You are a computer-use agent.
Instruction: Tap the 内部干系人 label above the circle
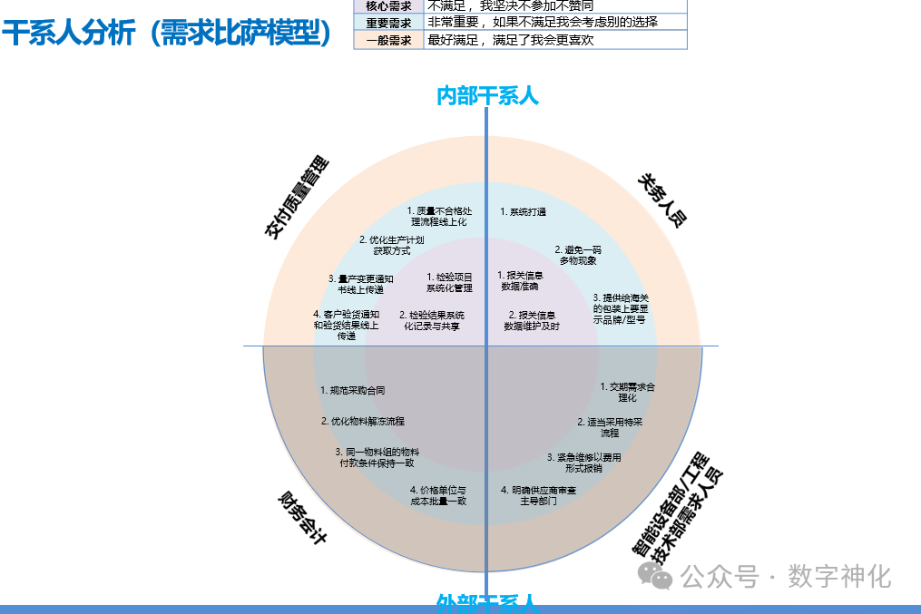coord(487,95)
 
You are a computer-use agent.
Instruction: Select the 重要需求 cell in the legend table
coord(388,22)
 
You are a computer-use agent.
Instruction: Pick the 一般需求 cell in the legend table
coord(388,40)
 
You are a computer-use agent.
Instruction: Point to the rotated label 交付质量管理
coord(296,198)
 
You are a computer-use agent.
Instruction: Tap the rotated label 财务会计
coord(302,517)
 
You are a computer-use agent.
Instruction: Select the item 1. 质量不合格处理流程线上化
coord(438,216)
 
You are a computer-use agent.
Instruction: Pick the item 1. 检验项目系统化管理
coord(449,282)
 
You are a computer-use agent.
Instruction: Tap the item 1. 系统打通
coord(524,212)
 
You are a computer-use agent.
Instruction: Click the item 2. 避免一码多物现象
coord(578,255)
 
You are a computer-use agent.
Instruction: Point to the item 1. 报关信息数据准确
coord(520,280)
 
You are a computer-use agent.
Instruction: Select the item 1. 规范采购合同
coord(353,391)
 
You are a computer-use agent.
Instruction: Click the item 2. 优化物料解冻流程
coord(363,422)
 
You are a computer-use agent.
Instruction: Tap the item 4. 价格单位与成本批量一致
coord(438,495)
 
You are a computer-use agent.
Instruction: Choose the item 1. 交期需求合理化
coord(627,392)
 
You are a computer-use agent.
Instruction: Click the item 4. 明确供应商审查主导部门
coord(538,495)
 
